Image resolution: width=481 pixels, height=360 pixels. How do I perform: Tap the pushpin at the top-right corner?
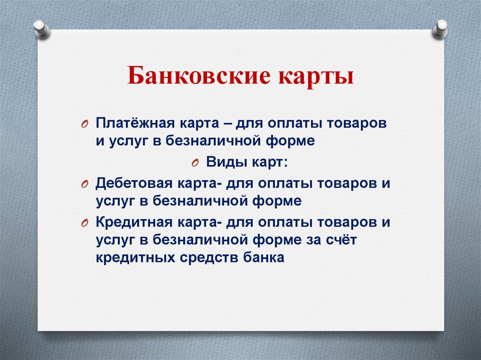point(440,29)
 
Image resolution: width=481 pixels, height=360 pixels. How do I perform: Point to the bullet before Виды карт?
point(195,163)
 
